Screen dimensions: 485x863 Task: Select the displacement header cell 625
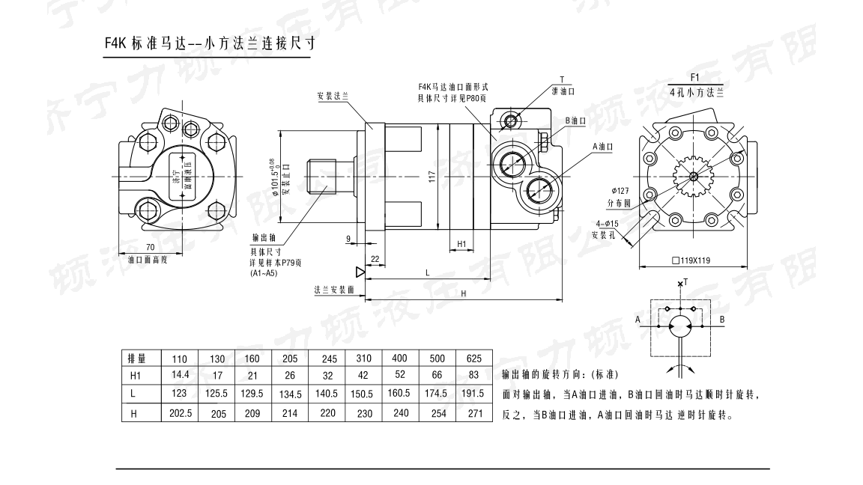tap(474, 358)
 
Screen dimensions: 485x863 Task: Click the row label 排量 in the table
tap(136, 358)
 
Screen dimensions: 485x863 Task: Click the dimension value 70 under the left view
tap(150, 246)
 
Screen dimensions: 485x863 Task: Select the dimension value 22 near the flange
tap(375, 258)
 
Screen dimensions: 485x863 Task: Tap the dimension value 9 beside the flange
tap(348, 239)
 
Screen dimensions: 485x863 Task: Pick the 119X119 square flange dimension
tap(695, 262)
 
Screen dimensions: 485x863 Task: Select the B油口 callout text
tap(575, 120)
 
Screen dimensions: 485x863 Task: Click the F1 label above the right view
tap(694, 77)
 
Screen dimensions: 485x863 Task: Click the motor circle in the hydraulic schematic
tap(680, 326)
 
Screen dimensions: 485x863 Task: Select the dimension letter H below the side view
tap(463, 293)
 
